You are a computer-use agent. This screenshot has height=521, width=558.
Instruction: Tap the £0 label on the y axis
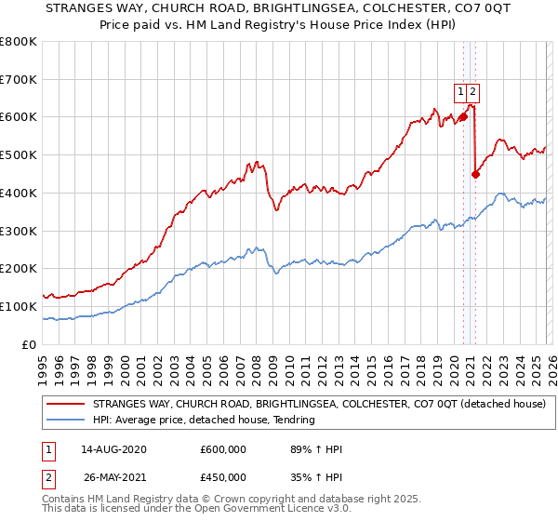pyautogui.click(x=30, y=344)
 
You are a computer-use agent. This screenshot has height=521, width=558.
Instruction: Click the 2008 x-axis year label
pyautogui.click(x=256, y=363)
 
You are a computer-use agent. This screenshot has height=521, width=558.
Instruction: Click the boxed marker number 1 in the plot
pyautogui.click(x=460, y=91)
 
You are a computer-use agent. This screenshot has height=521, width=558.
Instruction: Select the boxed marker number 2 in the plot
pyautogui.click(x=473, y=91)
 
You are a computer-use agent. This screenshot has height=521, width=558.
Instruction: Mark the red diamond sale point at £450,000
pyautogui.click(x=475, y=173)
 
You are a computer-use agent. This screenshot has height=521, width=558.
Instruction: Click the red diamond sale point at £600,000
pyautogui.click(x=462, y=117)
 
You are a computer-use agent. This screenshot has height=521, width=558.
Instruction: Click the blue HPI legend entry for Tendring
pyautogui.click(x=204, y=421)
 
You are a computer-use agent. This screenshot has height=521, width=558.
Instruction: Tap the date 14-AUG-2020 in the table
pyautogui.click(x=113, y=449)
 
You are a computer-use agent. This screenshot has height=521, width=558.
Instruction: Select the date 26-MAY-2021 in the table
pyautogui.click(x=113, y=477)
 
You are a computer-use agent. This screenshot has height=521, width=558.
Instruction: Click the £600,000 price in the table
pyautogui.click(x=223, y=449)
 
